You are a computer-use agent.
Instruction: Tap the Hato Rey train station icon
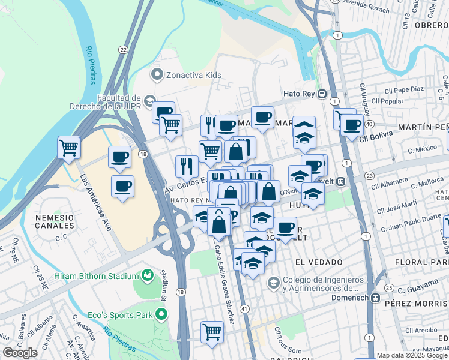322,94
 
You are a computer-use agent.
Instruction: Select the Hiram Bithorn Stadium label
96,275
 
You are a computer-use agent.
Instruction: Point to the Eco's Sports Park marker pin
160,314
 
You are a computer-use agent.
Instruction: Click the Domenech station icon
376,298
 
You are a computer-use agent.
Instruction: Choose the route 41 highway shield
244,308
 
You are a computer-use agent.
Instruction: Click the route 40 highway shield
369,124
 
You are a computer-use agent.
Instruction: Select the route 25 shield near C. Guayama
389,289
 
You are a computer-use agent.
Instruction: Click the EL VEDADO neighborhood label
313,262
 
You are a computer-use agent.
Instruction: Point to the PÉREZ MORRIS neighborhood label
417,304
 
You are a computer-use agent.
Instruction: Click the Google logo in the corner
20,353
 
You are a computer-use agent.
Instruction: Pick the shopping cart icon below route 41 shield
212,332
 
